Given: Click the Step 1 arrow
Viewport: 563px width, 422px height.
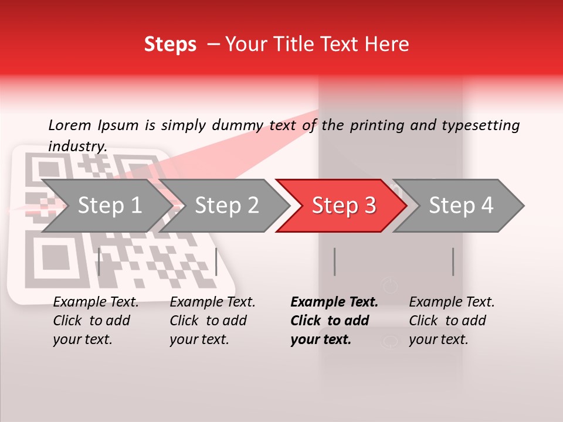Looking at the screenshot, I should point(106,205).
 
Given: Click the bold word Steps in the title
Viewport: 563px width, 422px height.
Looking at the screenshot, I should point(170,44).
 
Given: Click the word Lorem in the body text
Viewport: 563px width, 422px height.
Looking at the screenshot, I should point(70,125).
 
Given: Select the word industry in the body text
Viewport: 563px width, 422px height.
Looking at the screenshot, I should point(77,147).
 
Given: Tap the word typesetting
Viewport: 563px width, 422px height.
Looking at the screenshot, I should point(480,125).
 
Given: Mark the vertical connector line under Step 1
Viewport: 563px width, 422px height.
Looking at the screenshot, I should point(99,261).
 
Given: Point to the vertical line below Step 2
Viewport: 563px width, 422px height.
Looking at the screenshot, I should point(216,261).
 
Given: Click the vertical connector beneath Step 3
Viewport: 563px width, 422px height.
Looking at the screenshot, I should point(334,261).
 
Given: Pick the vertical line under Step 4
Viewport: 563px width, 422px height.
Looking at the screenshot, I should point(453,261).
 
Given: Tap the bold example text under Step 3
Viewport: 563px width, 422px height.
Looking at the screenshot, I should point(334,321).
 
